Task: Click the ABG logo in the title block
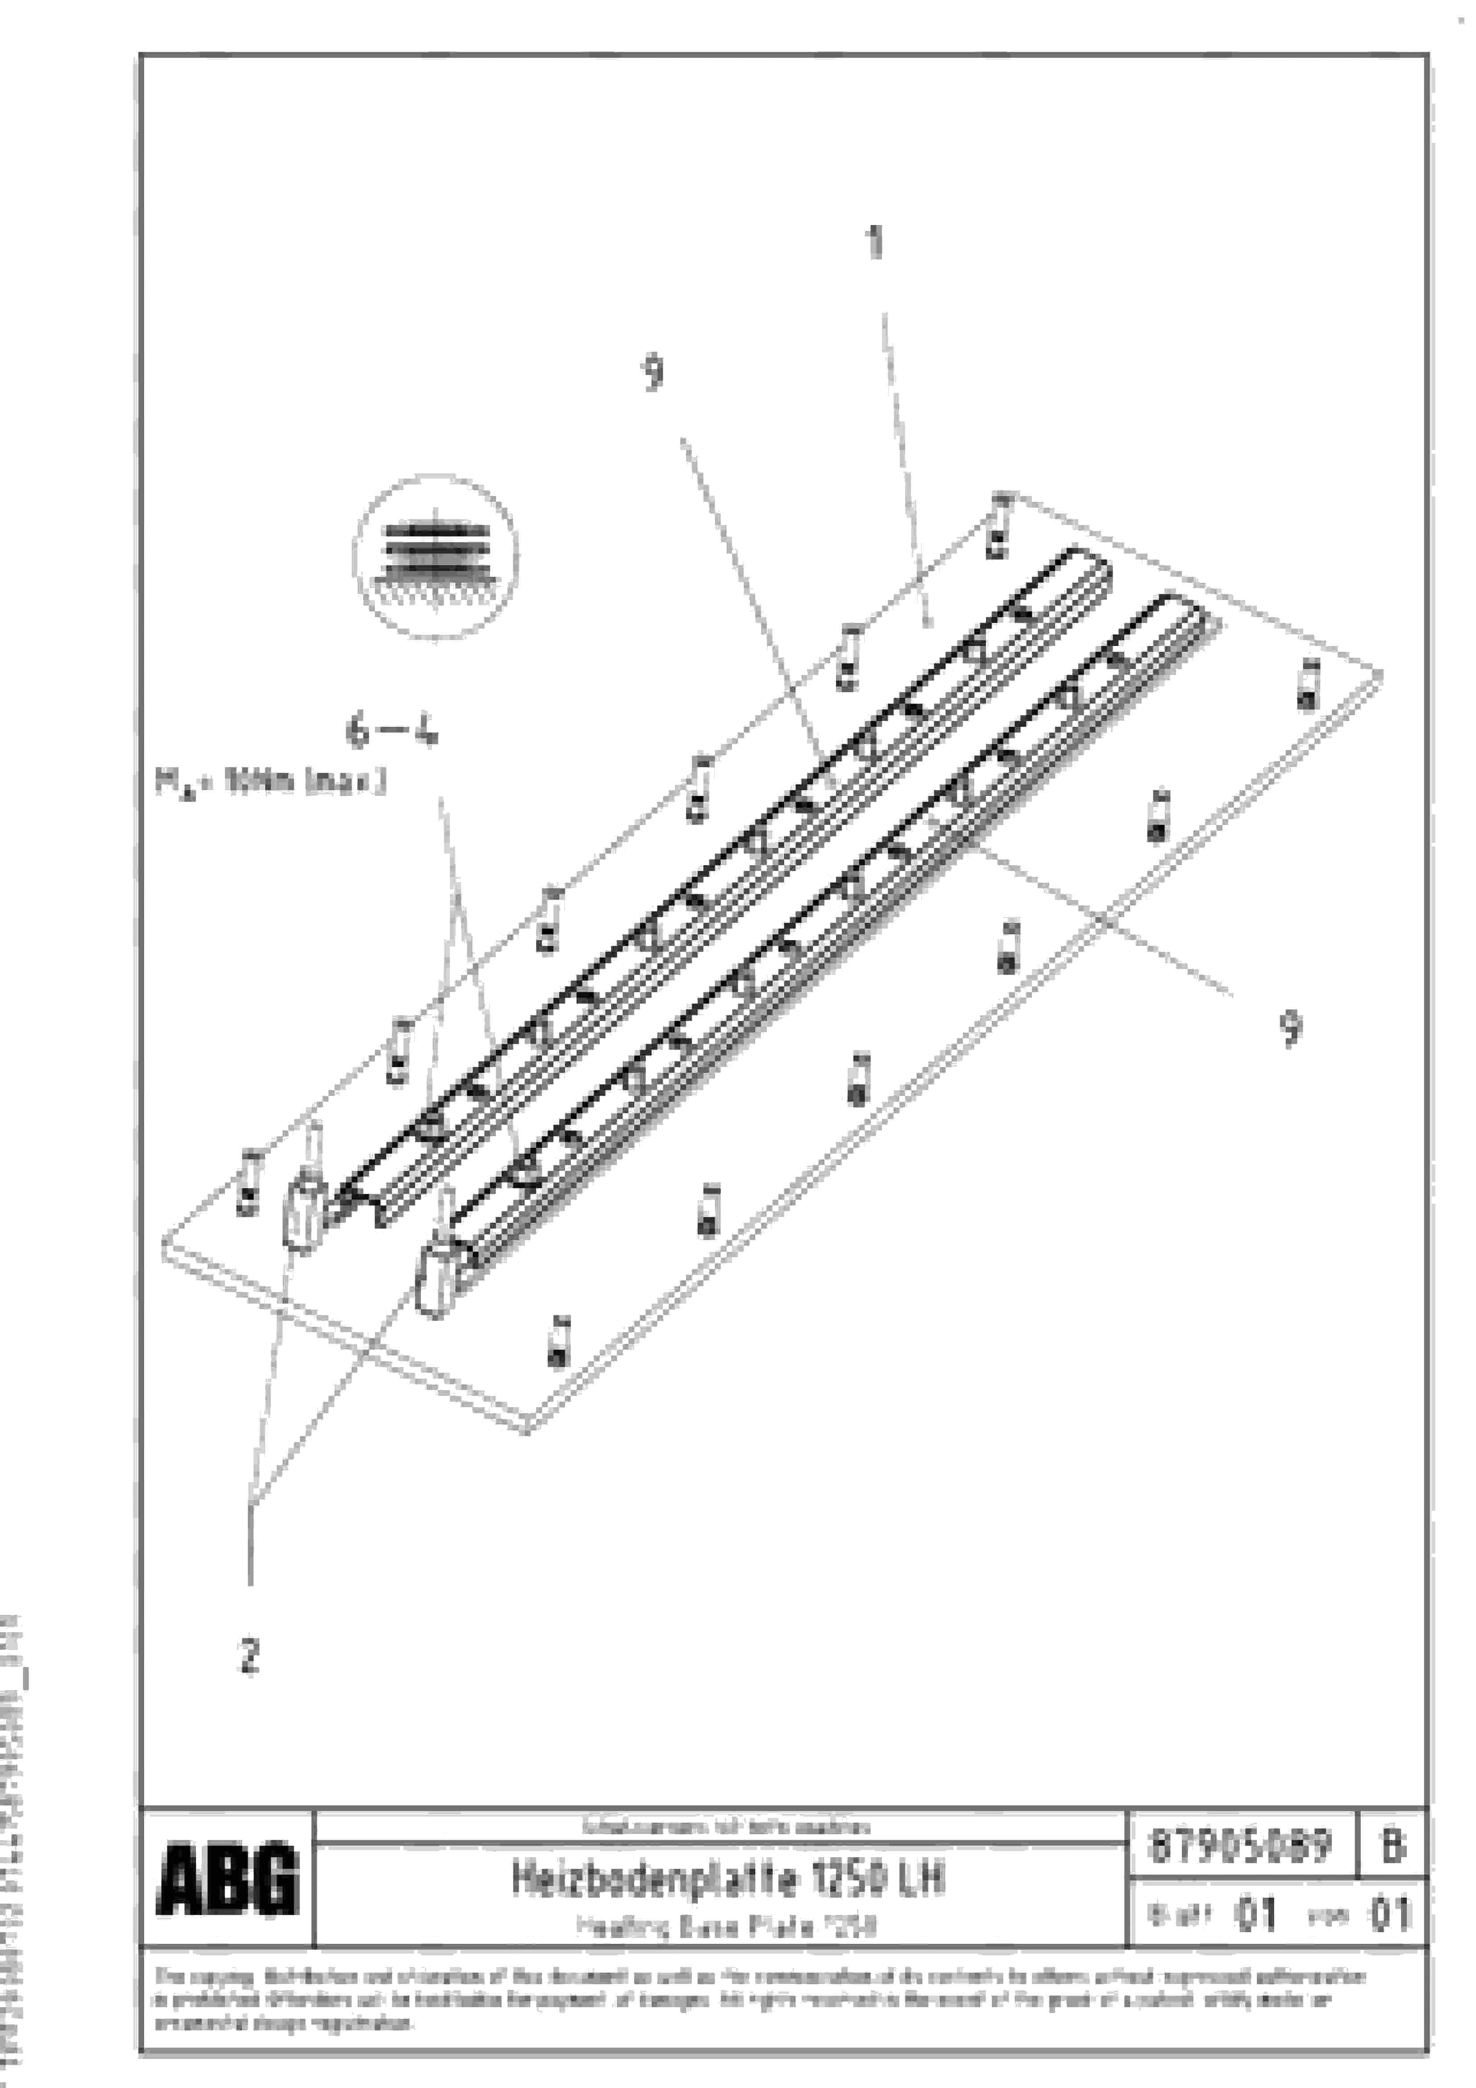(227, 1879)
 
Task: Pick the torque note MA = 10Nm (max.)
(270, 782)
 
